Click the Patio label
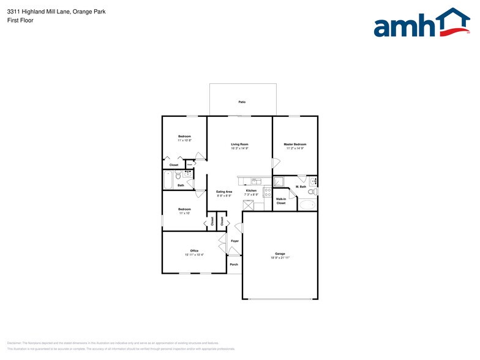point(242,102)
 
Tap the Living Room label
point(239,144)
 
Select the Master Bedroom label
point(295,144)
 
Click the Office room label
point(194,250)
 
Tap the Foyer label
point(234,241)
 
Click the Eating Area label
point(224,192)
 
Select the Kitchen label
point(251,191)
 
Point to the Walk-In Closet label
point(281,201)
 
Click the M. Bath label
point(301,186)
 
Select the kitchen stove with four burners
point(267,191)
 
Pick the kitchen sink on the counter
point(257,181)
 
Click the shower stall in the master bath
point(279,181)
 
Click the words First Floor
point(20,20)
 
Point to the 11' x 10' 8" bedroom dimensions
point(185,140)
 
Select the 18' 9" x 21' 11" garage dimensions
point(280,258)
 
